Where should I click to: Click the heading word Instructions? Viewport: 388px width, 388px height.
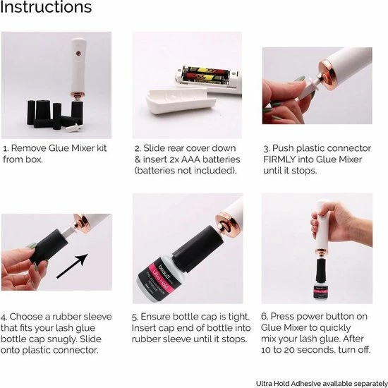pos(46,8)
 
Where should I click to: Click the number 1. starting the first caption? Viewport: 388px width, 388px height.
pos(6,150)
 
